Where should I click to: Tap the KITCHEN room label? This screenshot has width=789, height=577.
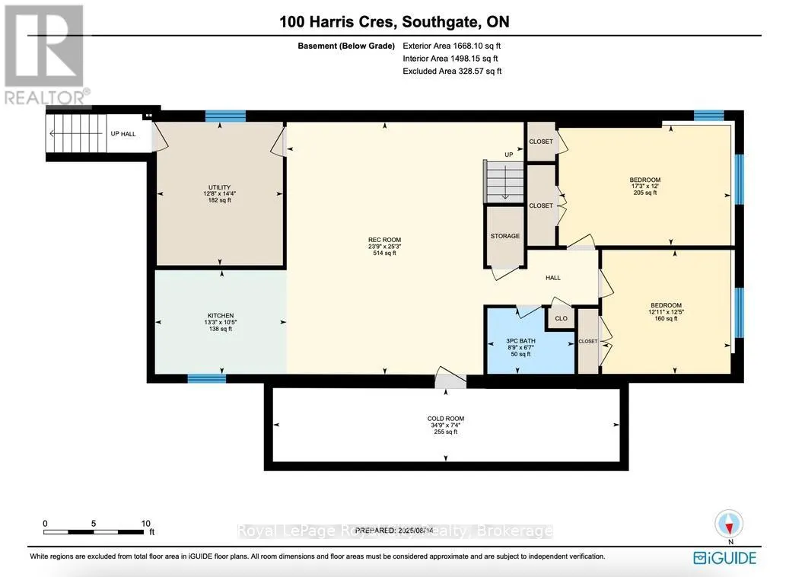(x=221, y=315)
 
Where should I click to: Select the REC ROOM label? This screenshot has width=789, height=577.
(x=384, y=241)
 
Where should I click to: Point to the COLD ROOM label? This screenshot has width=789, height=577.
(x=445, y=419)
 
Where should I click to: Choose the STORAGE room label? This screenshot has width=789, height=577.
(x=505, y=236)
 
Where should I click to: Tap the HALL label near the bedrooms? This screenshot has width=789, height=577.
(x=553, y=278)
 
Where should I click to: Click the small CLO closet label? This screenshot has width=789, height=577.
(x=561, y=319)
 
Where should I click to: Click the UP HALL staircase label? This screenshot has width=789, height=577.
(x=122, y=134)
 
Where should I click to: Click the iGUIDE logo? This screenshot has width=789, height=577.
(x=724, y=558)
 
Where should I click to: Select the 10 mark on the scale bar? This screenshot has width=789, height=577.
(x=145, y=524)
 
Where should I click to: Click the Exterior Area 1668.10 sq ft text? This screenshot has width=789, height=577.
(x=451, y=46)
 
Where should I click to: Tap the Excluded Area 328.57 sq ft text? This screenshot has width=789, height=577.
(x=451, y=71)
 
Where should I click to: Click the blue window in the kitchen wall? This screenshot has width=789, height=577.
(x=206, y=378)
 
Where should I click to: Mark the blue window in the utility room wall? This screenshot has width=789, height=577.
(x=225, y=116)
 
